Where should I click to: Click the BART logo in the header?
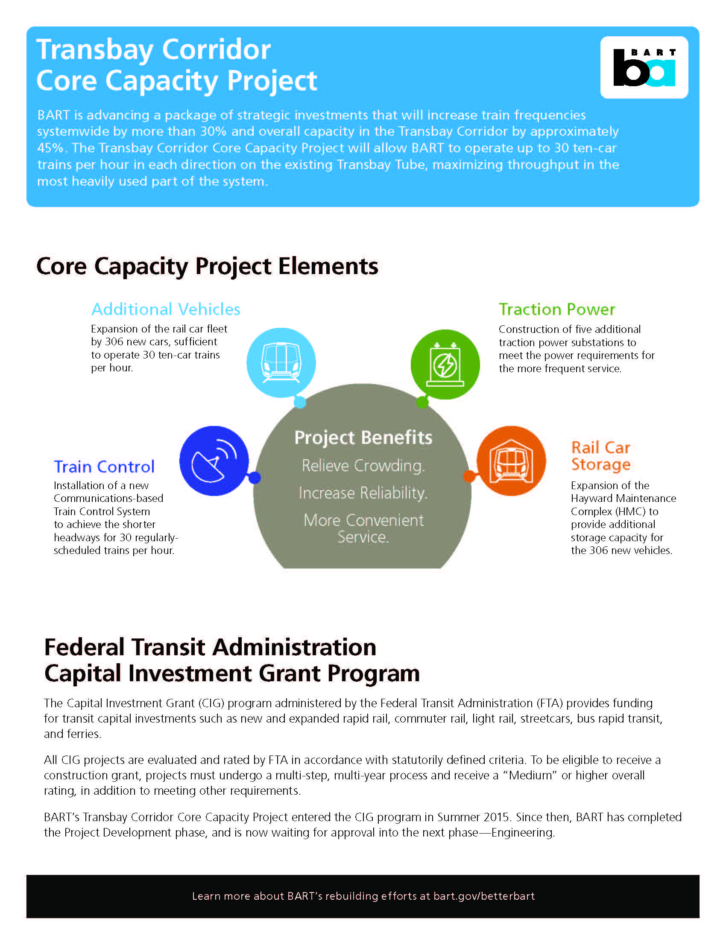click(x=644, y=67)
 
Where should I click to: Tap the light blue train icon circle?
click(x=281, y=362)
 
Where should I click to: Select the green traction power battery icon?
click(x=445, y=364)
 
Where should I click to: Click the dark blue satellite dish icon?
click(x=214, y=461)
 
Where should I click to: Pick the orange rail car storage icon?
click(x=511, y=461)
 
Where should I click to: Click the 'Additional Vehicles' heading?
click(x=166, y=309)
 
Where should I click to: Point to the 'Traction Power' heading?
click(x=556, y=309)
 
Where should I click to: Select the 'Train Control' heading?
click(x=104, y=467)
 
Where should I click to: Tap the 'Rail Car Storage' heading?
click(x=600, y=456)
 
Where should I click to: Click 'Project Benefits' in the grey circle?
click(x=363, y=437)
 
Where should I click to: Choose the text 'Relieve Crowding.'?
click(x=363, y=466)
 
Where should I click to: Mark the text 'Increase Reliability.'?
click(x=363, y=493)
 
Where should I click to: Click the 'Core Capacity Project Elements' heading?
click(x=207, y=266)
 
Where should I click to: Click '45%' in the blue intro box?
click(x=50, y=148)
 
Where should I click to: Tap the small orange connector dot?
click(x=469, y=476)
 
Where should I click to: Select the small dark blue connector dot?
click(x=255, y=477)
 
